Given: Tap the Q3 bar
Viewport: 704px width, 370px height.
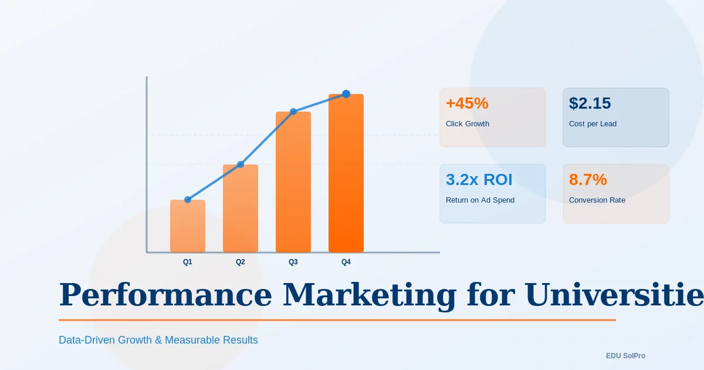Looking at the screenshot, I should (293, 183).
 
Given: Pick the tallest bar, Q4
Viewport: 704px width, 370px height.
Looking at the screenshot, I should (346, 174).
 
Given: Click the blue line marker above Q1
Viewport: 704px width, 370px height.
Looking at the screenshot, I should (188, 200).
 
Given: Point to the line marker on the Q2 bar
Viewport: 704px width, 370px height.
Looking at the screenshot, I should (241, 164).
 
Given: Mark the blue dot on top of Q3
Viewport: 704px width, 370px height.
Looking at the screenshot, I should (293, 112).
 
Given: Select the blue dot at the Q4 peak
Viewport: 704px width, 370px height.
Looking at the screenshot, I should (346, 94).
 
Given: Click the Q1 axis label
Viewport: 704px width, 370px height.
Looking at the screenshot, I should (188, 262).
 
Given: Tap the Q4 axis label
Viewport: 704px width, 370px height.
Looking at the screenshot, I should (346, 262).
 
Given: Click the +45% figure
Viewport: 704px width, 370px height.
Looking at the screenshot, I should (467, 103).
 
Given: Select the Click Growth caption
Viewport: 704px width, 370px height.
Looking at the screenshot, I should (468, 124).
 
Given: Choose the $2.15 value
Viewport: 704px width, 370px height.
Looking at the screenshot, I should (590, 103).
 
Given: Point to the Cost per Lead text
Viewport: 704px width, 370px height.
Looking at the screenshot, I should (593, 124).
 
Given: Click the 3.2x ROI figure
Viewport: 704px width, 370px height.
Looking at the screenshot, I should (479, 180).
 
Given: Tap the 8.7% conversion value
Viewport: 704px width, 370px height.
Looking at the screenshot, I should (588, 180).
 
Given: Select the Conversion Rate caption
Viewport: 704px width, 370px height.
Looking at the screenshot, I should (597, 200).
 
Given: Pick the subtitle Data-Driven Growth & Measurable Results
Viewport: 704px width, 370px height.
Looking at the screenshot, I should (158, 340).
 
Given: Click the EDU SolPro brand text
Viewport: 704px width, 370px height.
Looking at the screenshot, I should (626, 356).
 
